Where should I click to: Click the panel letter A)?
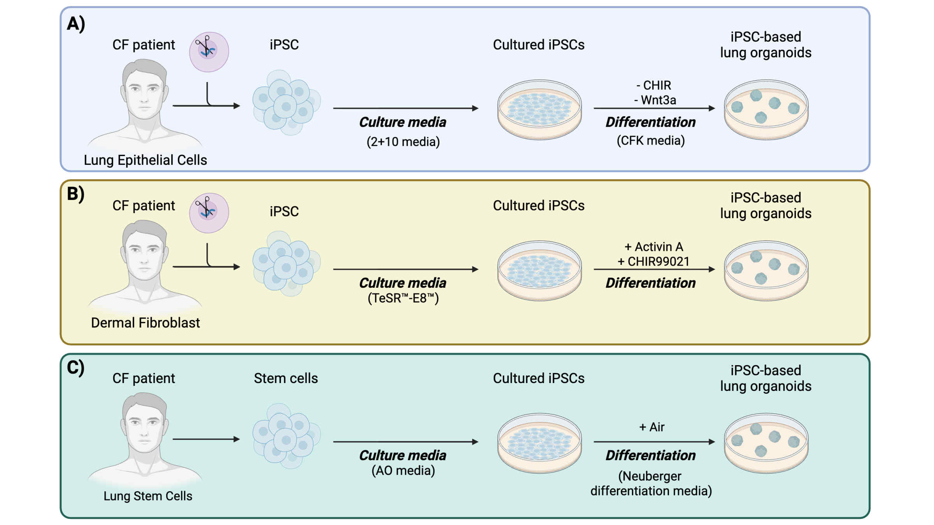point(76,24)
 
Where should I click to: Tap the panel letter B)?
point(76,194)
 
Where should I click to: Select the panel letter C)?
point(76,367)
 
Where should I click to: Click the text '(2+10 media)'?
point(403,142)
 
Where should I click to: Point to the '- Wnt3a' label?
point(655,100)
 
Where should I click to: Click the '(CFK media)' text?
point(651,140)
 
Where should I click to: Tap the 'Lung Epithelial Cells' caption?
point(145,160)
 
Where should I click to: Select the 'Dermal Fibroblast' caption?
point(145,323)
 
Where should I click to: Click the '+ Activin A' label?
point(654,247)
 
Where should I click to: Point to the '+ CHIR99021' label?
point(653,261)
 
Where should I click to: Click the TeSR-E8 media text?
point(403,298)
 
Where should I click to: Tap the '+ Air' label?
point(652,427)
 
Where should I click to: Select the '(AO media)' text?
point(403,471)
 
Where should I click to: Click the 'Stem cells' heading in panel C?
point(286,378)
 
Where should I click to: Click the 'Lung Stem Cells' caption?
point(148,496)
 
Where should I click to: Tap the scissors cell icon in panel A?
point(209,52)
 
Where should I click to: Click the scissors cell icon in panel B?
point(209,213)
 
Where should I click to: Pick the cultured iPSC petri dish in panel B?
point(539,271)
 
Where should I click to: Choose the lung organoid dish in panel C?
point(766,443)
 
